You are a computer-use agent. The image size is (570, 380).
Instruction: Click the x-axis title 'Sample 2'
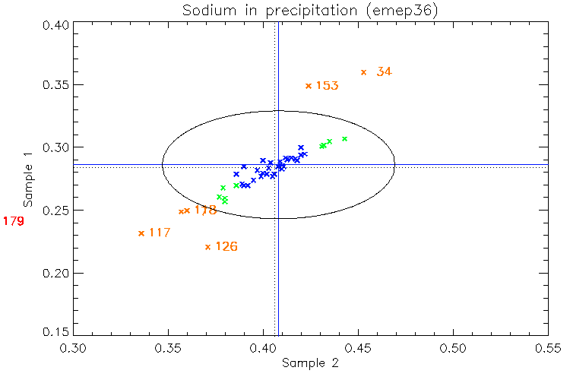pos(309,363)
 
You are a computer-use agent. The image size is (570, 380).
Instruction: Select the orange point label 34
pos(384,71)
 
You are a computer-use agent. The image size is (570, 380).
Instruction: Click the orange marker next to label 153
pos(309,86)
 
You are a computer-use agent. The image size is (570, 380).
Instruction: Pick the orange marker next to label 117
pos(141,233)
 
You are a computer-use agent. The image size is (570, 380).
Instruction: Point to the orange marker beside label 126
pos(208,246)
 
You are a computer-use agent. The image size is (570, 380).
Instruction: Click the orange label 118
pos(205,210)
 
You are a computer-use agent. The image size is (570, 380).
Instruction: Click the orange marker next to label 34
pos(364,72)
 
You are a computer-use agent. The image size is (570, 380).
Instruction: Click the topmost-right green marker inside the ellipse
pos(344,139)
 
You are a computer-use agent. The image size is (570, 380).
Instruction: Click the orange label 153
pos(327,86)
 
